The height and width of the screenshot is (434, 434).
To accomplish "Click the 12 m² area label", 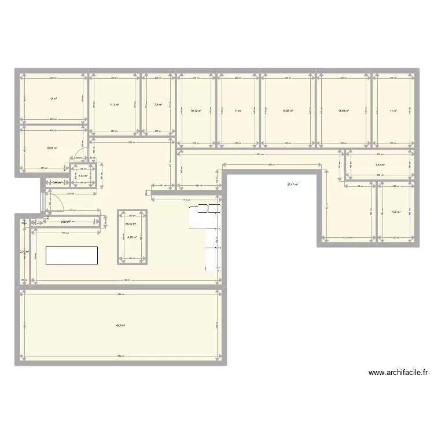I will point(53,99).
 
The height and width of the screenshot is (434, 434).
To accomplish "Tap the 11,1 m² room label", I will point(115,105).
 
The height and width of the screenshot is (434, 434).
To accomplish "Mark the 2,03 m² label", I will point(83,176).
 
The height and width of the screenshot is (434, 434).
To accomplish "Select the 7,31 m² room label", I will point(380,165).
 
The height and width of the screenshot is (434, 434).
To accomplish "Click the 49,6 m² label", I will point(120,325).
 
